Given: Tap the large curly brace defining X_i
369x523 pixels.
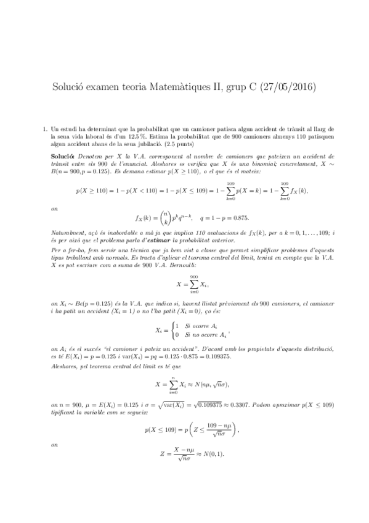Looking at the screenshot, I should coord(173,330).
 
